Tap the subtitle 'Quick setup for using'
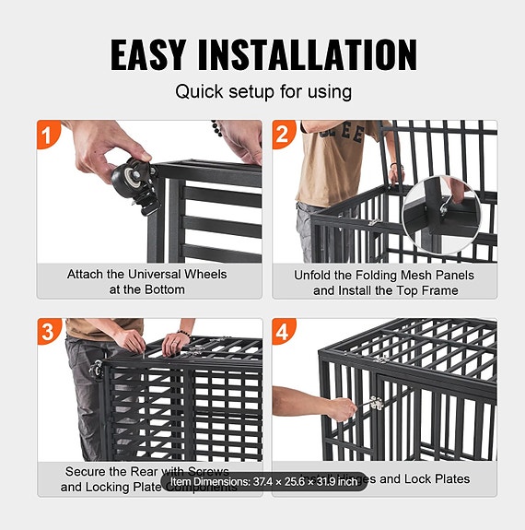pyautogui.click(x=262, y=92)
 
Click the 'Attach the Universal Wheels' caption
pyautogui.click(x=146, y=274)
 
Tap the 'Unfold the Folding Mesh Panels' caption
pyautogui.click(x=384, y=275)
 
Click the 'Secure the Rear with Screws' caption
pyautogui.click(x=146, y=471)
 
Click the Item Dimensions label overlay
pyautogui.click(x=263, y=481)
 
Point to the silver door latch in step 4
pyautogui.click(x=376, y=406)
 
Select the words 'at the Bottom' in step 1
pyautogui.click(x=146, y=289)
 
